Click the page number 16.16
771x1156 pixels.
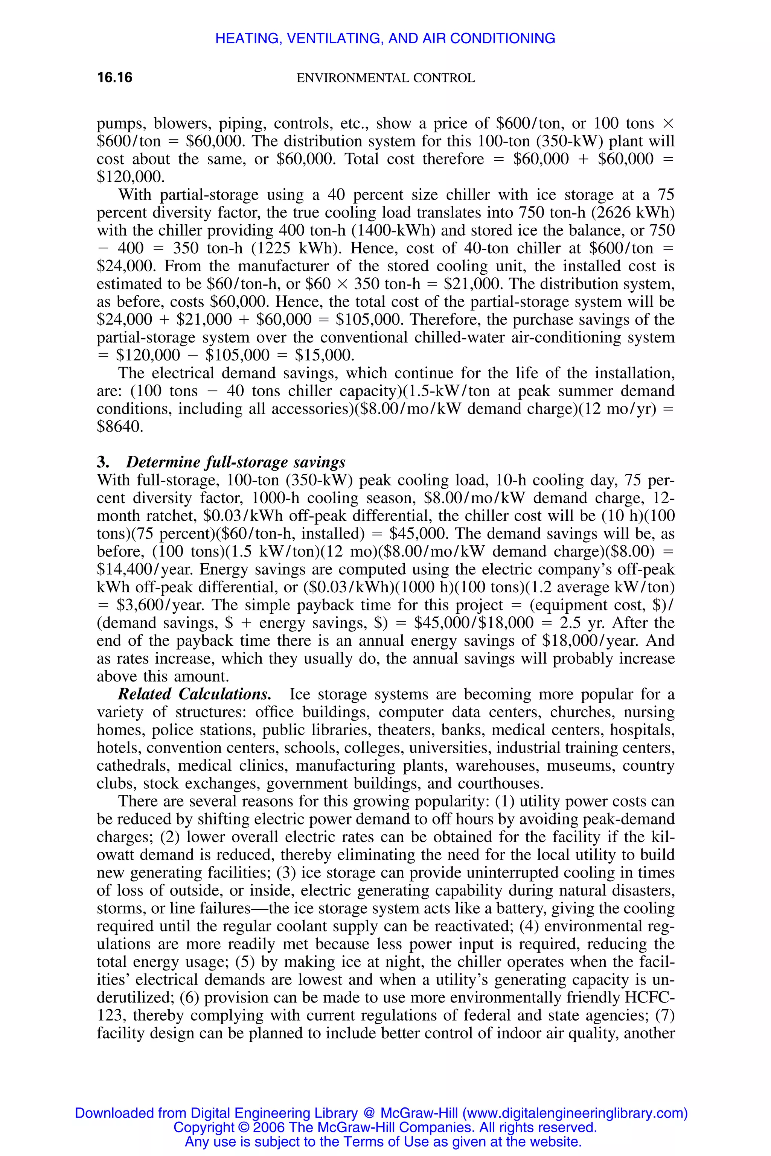pyautogui.click(x=114, y=78)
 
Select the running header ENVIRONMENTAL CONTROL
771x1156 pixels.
pyautogui.click(x=385, y=78)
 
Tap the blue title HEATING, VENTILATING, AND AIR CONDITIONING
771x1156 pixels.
pyautogui.click(x=385, y=38)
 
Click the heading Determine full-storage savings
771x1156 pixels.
pyautogui.click(x=236, y=462)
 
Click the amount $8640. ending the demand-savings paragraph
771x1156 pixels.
pyautogui.click(x=120, y=427)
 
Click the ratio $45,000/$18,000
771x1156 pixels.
pyautogui.click(x=474, y=623)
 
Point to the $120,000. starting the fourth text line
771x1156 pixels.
pyautogui.click(x=130, y=176)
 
